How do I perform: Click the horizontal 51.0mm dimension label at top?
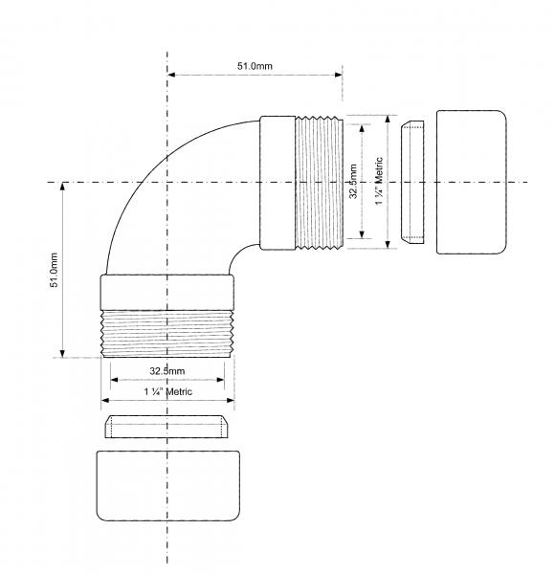pos(255,66)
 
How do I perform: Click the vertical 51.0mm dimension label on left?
pos(54,270)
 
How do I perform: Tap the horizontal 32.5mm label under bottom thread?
pos(166,371)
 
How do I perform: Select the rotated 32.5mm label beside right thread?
pos(353,181)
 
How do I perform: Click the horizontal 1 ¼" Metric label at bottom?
pos(167,392)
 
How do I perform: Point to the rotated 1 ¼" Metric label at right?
pos(379,181)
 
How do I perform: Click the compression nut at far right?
pos(472,182)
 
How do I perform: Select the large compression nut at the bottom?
pos(168,486)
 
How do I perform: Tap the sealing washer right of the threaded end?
pos(412,182)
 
